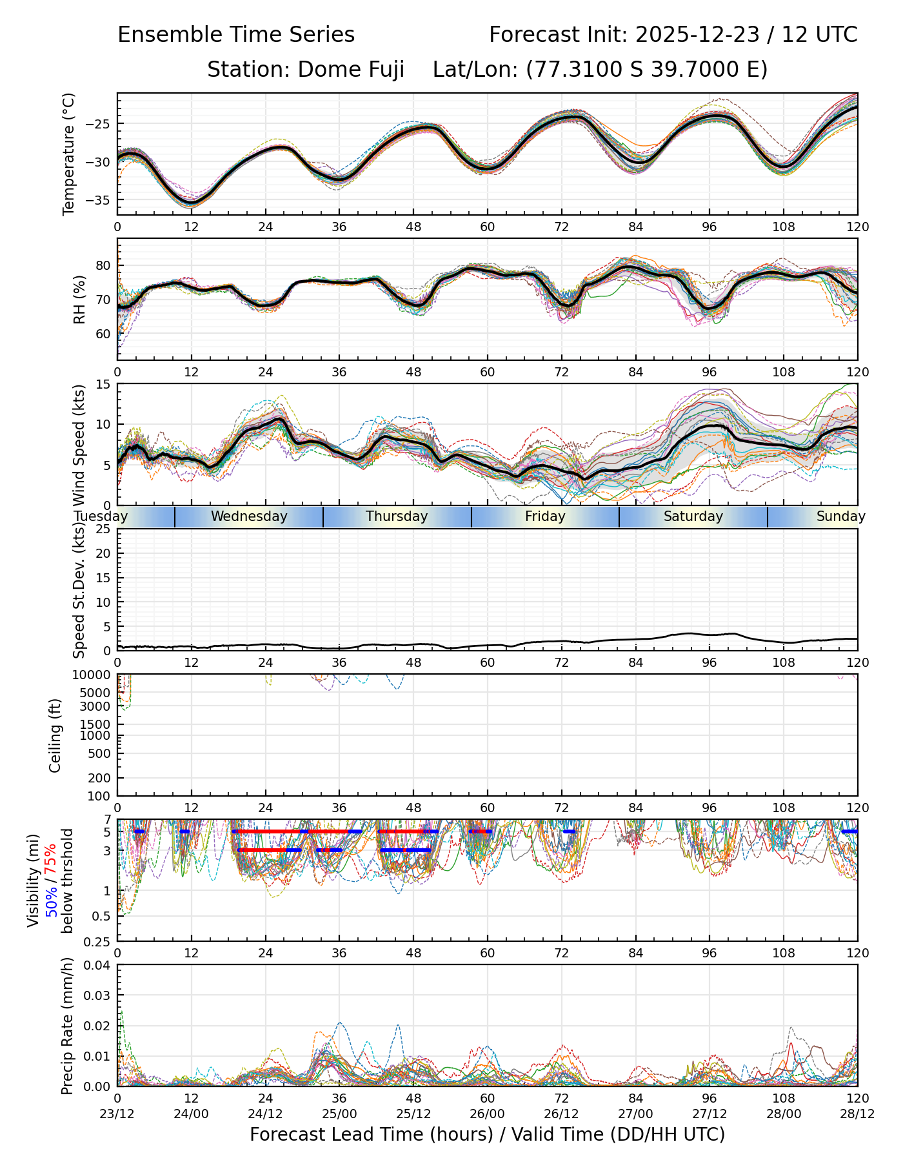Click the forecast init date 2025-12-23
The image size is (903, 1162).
(x=697, y=35)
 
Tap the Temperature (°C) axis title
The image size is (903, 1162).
(x=69, y=154)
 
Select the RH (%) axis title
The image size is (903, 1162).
(x=79, y=299)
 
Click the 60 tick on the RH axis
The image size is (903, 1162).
(x=103, y=334)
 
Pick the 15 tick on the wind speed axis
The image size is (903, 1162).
(x=104, y=384)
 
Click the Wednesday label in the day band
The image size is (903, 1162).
(x=249, y=516)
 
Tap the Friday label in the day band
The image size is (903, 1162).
(x=545, y=516)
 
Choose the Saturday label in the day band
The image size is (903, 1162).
(x=693, y=516)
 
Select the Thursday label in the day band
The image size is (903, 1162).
(x=397, y=516)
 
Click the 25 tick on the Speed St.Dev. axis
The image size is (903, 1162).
(x=103, y=529)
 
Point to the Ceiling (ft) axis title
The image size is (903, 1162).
(x=55, y=735)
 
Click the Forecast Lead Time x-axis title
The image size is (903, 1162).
(x=487, y=1134)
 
